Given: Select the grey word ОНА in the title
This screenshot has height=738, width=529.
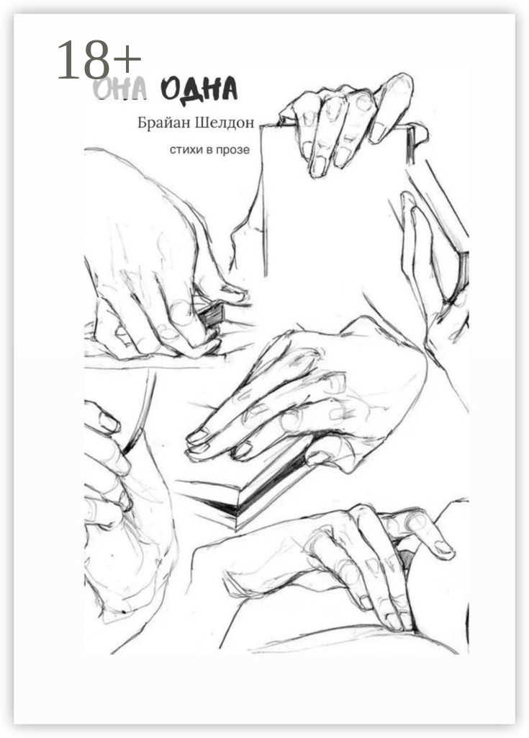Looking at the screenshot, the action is [x=120, y=88].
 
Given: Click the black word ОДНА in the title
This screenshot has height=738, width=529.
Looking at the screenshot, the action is [x=199, y=88].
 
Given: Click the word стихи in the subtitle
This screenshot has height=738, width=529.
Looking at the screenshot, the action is [x=186, y=150].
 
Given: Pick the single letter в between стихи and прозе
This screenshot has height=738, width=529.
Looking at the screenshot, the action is [x=209, y=151].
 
